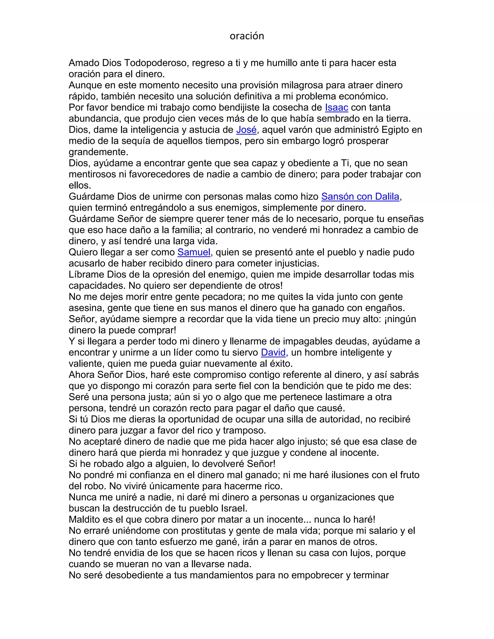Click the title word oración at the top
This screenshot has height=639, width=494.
247,36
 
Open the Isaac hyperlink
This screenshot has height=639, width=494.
336,108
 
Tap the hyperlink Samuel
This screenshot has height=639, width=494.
194,252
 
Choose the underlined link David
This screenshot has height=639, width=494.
273,353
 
